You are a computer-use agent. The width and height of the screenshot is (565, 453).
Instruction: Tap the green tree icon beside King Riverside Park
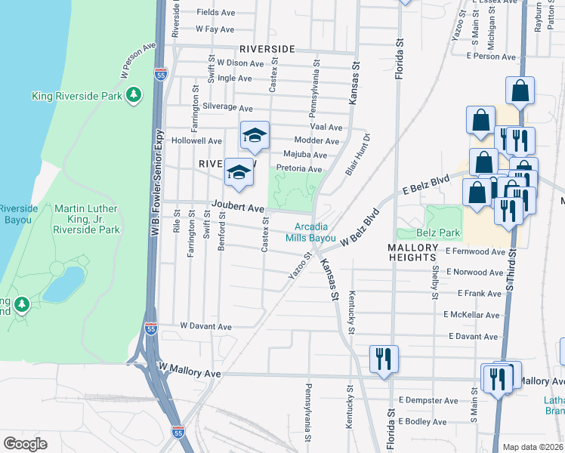(134, 94)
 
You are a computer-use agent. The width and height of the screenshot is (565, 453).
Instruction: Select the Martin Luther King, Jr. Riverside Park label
(87, 219)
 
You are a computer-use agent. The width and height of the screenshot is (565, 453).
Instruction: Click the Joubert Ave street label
(238, 207)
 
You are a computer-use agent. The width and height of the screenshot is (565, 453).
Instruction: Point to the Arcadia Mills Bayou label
(310, 232)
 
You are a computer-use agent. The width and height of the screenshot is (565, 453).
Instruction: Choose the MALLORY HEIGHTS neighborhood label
(412, 252)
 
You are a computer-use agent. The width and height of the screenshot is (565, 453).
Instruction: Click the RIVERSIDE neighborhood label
(267, 48)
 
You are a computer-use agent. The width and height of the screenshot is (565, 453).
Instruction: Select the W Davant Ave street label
(205, 327)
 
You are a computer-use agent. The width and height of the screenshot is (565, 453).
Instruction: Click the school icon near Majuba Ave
(255, 136)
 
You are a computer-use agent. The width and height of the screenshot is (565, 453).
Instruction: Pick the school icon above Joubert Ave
(239, 173)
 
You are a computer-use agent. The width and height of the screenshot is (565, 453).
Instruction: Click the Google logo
(25, 442)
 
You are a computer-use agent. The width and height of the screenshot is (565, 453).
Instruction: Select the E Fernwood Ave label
(474, 251)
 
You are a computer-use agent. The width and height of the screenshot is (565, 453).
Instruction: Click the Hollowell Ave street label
(196, 140)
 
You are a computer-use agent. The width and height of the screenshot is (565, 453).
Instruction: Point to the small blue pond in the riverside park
(63, 283)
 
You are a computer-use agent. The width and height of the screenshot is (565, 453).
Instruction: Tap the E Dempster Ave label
(430, 400)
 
